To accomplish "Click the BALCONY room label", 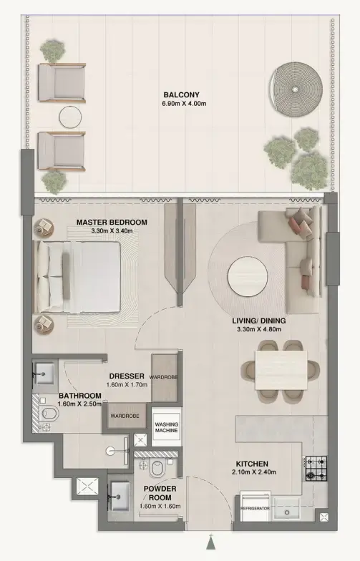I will pyautogui.click(x=180, y=94).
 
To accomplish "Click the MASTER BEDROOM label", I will pyautogui.click(x=112, y=223).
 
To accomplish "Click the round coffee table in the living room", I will pyautogui.click(x=248, y=275).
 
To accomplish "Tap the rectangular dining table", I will pyautogui.click(x=281, y=369).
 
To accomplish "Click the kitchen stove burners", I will pyautogui.click(x=316, y=469).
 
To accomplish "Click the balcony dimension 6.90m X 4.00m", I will pyautogui.click(x=180, y=104).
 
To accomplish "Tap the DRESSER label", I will pyautogui.click(x=127, y=376).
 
